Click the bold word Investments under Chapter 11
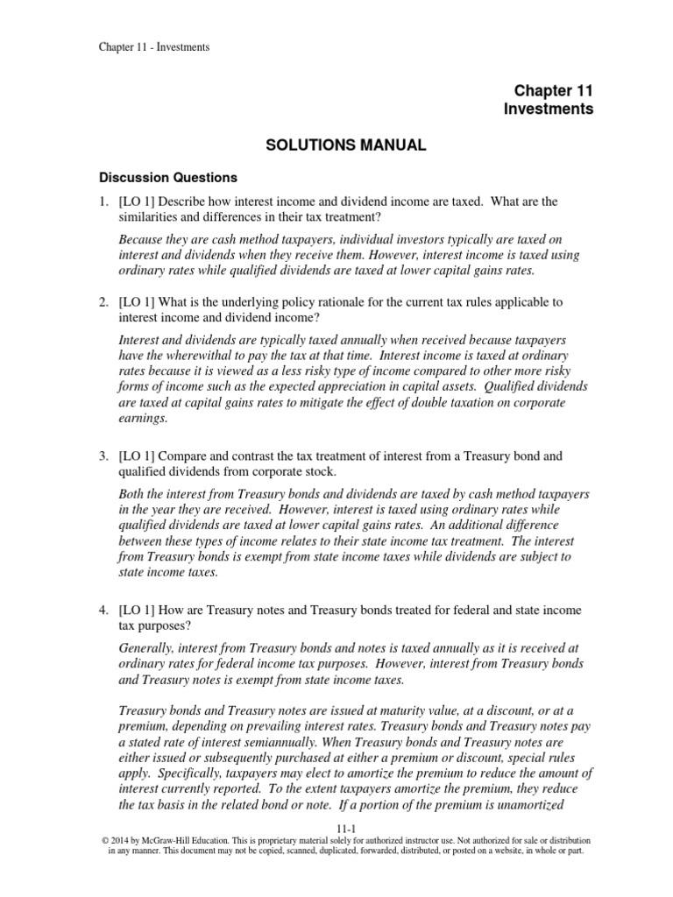click(x=549, y=109)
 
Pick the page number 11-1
click(x=336, y=828)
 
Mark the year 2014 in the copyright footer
click(x=117, y=839)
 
